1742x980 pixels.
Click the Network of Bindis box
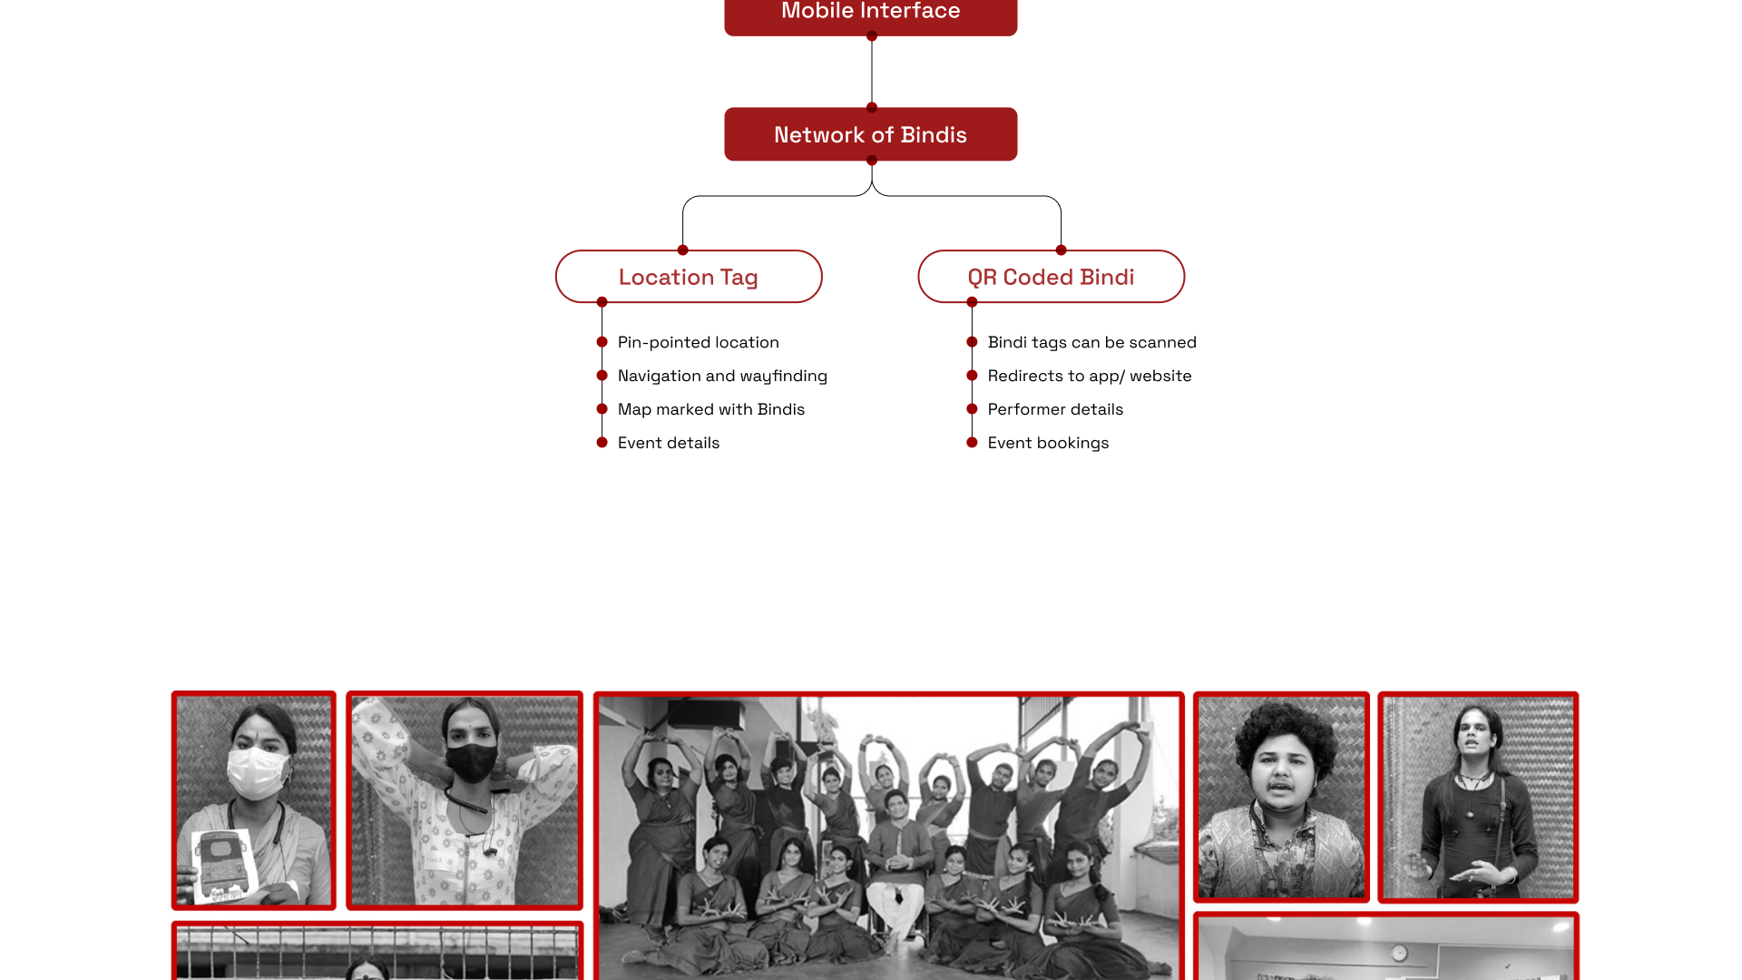[x=870, y=134]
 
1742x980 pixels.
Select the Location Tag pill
[x=689, y=277]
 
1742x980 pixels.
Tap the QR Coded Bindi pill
[x=1051, y=277]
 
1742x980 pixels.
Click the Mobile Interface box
[x=870, y=14]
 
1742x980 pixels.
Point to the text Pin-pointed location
[x=698, y=342]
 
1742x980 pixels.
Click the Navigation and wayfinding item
[x=722, y=376]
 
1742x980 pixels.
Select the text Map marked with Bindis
[x=710, y=409]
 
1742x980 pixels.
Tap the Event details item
[x=668, y=443]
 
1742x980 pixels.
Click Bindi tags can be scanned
[x=1091, y=342]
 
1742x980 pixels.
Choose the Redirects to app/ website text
[x=1089, y=376]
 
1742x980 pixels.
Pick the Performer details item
[x=1054, y=409]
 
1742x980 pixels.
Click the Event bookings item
[x=1047, y=443]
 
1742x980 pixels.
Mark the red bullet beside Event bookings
[x=972, y=443]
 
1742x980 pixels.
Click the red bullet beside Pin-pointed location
[x=602, y=342]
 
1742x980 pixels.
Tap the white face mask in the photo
[x=257, y=772]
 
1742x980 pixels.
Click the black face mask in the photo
[x=472, y=762]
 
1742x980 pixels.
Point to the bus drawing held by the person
[x=222, y=863]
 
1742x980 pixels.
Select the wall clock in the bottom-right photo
[x=1399, y=953]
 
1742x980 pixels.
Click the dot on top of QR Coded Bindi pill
[x=1061, y=250]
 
